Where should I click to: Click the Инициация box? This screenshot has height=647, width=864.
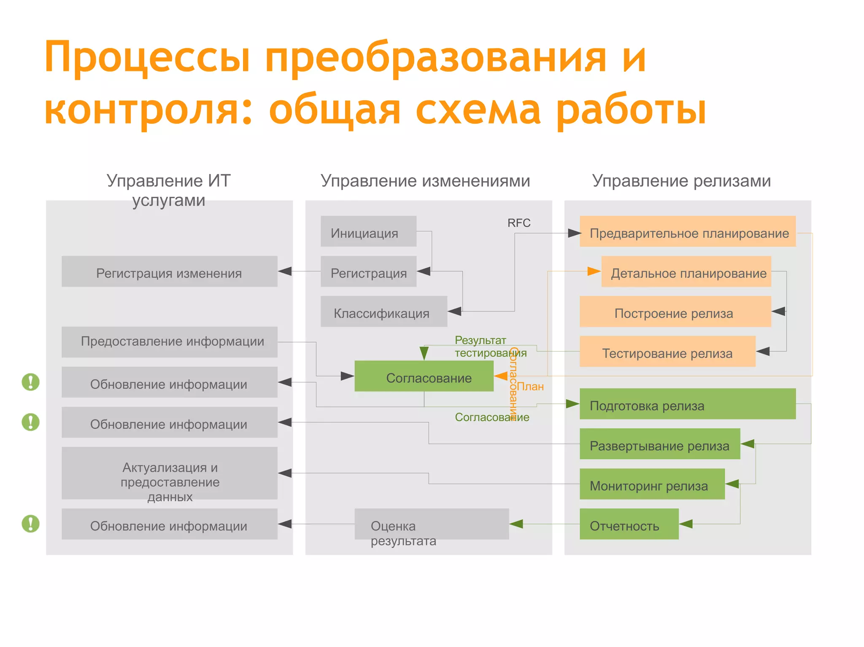click(368, 231)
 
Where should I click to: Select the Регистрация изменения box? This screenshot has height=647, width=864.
click(169, 271)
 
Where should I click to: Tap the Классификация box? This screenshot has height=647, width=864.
click(383, 311)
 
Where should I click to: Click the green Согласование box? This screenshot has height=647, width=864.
click(424, 376)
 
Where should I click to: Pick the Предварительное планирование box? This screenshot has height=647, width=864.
click(687, 231)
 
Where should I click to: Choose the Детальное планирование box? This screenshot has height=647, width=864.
click(686, 271)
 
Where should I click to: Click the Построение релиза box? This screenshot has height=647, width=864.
click(675, 311)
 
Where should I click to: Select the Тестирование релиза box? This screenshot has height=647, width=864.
click(667, 352)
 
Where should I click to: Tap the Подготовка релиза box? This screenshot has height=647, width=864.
click(687, 404)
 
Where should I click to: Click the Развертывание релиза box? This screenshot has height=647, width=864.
click(659, 444)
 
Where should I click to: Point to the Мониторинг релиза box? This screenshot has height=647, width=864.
click(652, 484)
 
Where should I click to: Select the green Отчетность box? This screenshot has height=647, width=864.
click(629, 524)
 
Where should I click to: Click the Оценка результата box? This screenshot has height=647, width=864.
click(431, 524)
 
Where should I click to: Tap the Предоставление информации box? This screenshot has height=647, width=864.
click(169, 342)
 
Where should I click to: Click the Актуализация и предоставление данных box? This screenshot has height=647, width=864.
click(169, 473)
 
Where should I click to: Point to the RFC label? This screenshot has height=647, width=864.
click(518, 223)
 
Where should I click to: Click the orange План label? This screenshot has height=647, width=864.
click(530, 387)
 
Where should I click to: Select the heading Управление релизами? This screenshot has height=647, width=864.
click(681, 181)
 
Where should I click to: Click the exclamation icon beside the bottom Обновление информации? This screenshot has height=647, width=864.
click(30, 524)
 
